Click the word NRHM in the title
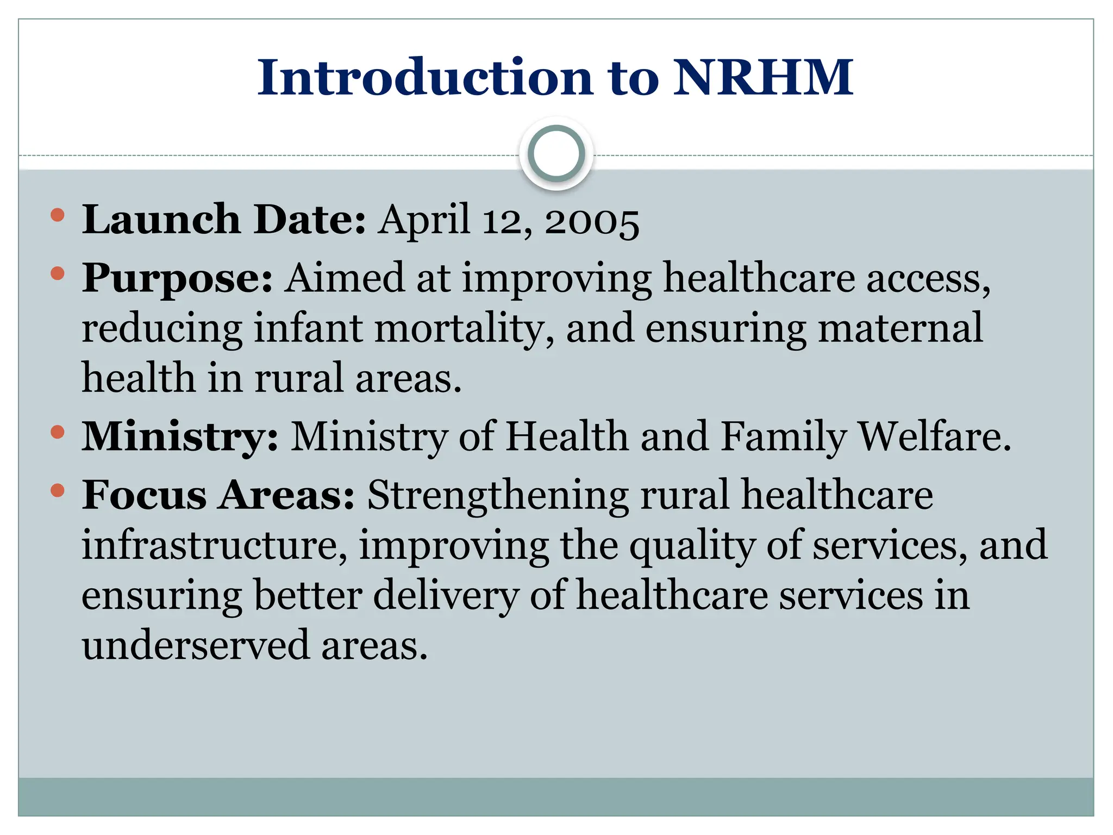763,77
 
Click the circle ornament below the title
556,153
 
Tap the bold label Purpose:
177,278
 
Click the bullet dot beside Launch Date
57,215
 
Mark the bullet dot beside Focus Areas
57,491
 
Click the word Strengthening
498,495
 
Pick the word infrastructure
214,545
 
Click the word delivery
445,596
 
